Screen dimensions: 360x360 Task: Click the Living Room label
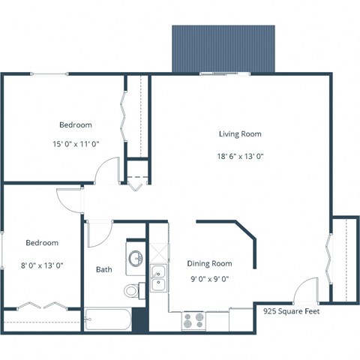click(x=239, y=133)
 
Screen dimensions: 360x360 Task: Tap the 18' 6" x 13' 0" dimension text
click(x=241, y=156)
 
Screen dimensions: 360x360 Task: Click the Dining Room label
click(x=209, y=263)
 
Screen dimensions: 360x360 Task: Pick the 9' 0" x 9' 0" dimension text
click(x=209, y=279)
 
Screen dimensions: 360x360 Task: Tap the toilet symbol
click(x=133, y=289)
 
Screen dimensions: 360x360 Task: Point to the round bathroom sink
click(x=136, y=259)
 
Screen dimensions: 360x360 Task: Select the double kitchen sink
click(x=158, y=277)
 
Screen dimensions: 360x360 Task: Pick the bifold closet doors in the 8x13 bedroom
click(x=41, y=305)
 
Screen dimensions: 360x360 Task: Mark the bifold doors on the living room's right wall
click(x=329, y=255)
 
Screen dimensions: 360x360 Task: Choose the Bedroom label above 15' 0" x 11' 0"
click(x=75, y=124)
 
